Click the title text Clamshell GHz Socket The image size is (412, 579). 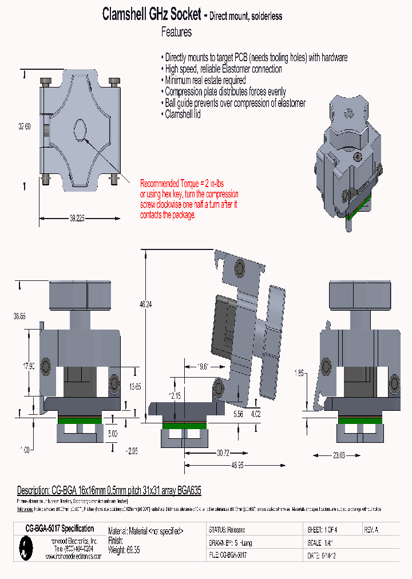tap(152, 14)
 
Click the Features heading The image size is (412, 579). tap(176, 32)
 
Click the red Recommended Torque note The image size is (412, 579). tap(189, 199)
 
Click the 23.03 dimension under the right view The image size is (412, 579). tap(339, 455)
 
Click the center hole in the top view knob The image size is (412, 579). tap(80, 129)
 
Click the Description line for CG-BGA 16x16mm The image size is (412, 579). tap(109, 491)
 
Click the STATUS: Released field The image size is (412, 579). tap(228, 530)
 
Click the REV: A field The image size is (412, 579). tap(371, 530)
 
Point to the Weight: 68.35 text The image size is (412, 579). tap(124, 550)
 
